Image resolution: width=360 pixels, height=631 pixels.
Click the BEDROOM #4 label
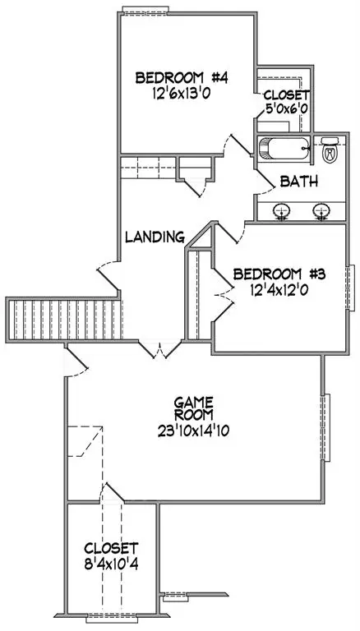tap(182, 78)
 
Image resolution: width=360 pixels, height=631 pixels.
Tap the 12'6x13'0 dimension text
tap(182, 94)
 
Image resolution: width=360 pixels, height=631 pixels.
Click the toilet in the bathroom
tap(330, 150)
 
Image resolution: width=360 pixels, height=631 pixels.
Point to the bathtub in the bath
tap(284, 149)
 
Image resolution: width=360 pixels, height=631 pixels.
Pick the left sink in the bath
tap(282, 211)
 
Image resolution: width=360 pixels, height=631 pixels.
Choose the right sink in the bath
tap(321, 211)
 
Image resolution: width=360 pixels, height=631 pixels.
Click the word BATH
tap(299, 182)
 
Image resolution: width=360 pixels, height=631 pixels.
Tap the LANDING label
tap(155, 237)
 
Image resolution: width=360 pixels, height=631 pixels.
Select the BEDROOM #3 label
tap(279, 274)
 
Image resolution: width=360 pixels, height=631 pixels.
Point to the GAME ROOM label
tap(194, 408)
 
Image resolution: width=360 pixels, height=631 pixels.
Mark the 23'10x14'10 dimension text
tap(194, 431)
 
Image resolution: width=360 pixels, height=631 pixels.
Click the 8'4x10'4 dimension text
tap(112, 564)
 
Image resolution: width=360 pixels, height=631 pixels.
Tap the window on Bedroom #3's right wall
tap(350, 288)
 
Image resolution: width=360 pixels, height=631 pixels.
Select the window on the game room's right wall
tap(326, 427)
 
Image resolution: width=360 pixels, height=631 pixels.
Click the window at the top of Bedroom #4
tap(145, 11)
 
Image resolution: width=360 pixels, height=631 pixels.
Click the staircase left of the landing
tap(63, 320)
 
